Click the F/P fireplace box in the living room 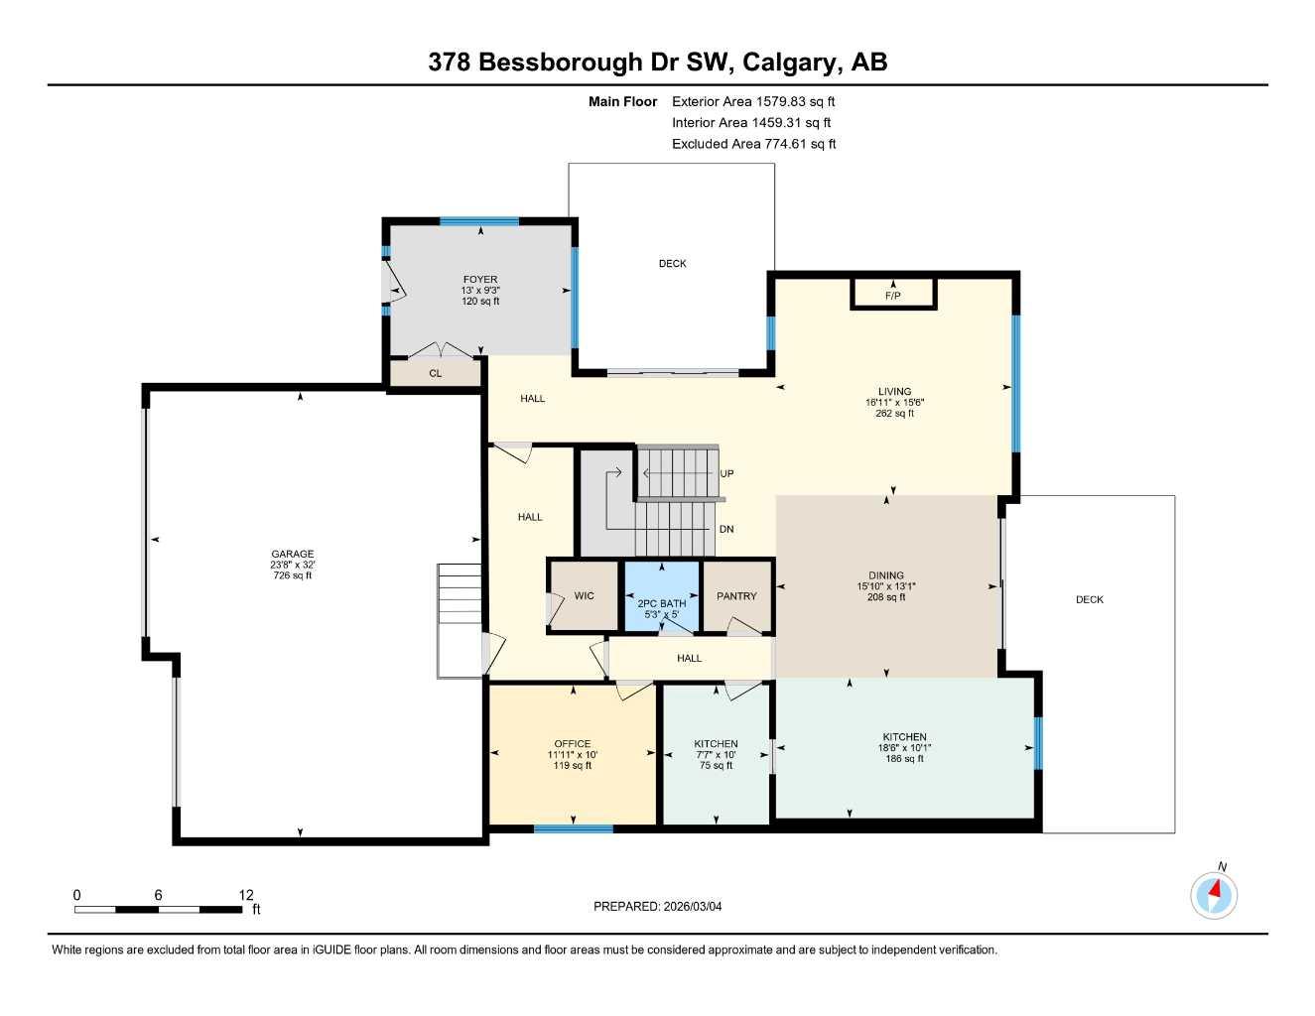point(892,295)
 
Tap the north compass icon point(1214,895)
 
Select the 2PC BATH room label point(661,603)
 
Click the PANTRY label point(736,596)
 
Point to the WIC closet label point(585,595)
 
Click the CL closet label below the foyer point(435,374)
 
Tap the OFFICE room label point(572,744)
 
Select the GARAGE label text point(293,555)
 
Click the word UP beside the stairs point(726,474)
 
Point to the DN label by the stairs point(726,530)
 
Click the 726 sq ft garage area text point(293,575)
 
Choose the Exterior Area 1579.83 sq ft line point(753,101)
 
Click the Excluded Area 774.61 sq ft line point(753,144)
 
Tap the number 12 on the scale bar point(246,895)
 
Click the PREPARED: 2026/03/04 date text point(658,906)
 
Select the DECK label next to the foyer point(672,264)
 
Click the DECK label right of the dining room point(1089,599)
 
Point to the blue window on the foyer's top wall point(479,221)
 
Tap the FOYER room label point(480,280)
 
